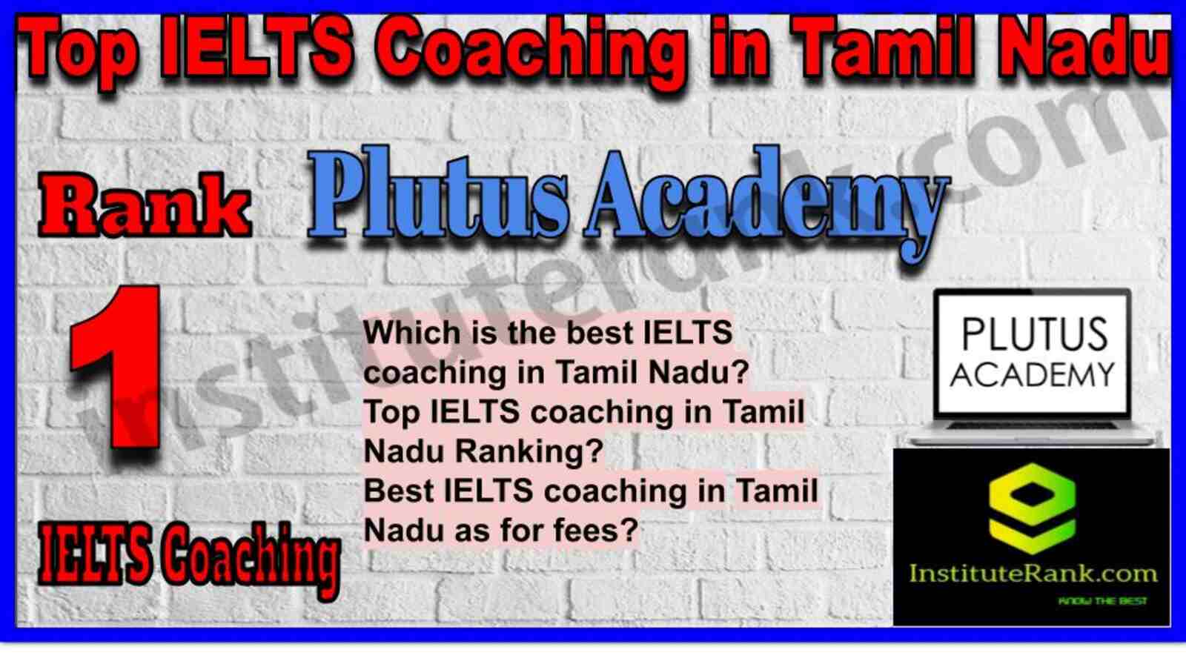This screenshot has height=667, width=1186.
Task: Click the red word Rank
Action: point(145,205)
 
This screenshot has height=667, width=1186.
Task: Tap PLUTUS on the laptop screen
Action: point(1034,334)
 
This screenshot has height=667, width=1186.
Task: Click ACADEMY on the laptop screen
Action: point(1033,375)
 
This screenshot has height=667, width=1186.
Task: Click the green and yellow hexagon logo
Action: point(1032,508)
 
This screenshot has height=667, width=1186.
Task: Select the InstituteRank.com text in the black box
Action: point(1033,574)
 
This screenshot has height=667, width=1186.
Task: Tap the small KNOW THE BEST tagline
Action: point(1102,601)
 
